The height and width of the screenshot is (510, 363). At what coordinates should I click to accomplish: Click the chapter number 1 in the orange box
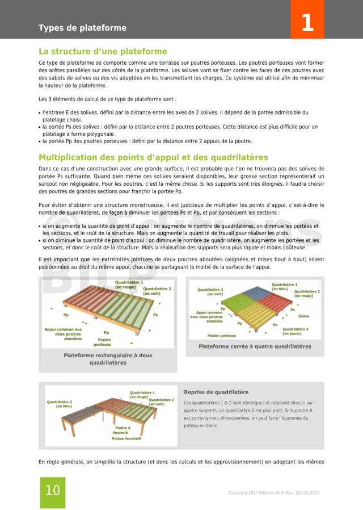(307, 23)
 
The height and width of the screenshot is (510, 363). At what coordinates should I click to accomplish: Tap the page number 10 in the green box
(52, 491)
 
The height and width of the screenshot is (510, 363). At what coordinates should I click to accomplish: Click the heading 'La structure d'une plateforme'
(103, 52)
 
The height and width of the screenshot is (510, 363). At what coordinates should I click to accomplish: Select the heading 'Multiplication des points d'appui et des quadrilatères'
(153, 157)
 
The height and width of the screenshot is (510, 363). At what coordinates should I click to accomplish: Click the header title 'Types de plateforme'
(82, 28)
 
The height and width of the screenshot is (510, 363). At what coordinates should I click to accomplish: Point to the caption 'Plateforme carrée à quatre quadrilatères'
(255, 346)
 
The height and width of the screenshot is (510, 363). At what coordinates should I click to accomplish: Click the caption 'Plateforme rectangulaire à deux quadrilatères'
(108, 359)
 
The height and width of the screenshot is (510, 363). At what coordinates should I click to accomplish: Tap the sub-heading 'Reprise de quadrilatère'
(216, 392)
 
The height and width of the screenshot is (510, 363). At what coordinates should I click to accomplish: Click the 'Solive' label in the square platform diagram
(303, 316)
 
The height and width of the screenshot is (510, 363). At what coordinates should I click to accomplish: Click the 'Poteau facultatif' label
(126, 438)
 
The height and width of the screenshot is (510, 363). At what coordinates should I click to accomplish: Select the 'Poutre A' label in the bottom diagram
(123, 428)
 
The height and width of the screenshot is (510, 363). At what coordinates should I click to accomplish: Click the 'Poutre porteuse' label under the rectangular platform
(102, 342)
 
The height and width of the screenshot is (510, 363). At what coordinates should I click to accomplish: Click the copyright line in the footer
(274, 492)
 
